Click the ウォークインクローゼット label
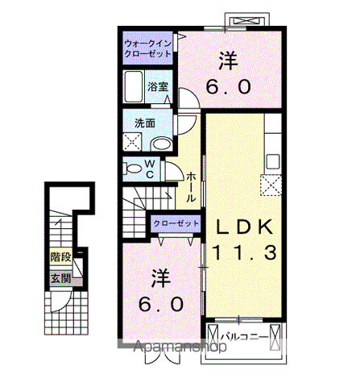(148, 48)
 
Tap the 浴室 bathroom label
(157, 86)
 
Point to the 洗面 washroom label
(146, 123)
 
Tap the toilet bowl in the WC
(131, 169)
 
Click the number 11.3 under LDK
(244, 252)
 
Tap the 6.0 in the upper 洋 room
(230, 86)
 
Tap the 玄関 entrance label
(60, 280)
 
